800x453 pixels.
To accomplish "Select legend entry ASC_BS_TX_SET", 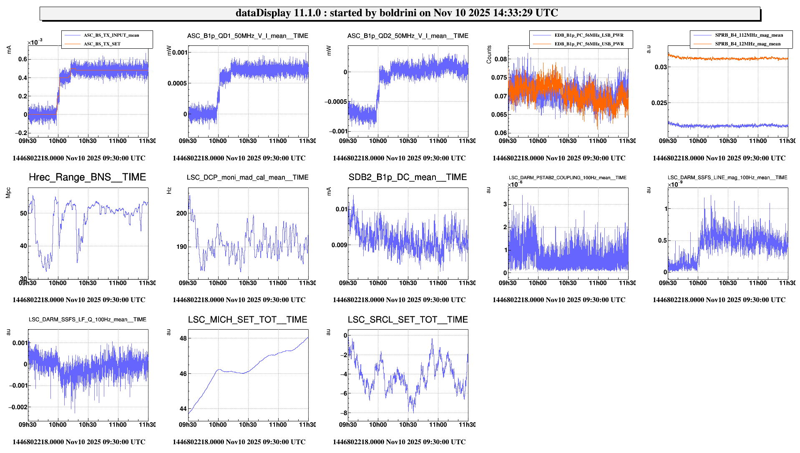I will (x=102, y=44).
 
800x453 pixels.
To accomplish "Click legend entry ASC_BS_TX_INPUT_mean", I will (x=111, y=35).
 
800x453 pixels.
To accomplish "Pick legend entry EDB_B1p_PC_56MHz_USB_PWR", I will (x=589, y=44).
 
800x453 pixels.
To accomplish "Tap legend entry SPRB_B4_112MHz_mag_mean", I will (x=749, y=35).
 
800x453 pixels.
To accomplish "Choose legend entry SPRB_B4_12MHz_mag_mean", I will (x=747, y=44).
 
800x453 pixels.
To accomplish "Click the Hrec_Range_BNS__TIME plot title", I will (x=87, y=177).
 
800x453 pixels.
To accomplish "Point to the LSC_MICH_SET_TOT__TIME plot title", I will (x=247, y=320).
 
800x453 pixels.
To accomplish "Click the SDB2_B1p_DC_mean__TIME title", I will (x=408, y=177).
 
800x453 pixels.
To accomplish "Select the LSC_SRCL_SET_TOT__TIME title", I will (x=408, y=320).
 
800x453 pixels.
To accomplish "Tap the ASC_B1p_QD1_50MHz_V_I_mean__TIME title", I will (x=247, y=36).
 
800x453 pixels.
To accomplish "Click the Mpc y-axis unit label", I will (x=8, y=193).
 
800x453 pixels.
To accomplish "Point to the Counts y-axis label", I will (x=489, y=55).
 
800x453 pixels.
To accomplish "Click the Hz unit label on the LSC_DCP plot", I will (x=169, y=190).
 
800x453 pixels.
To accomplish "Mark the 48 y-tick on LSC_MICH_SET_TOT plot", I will (x=183, y=338).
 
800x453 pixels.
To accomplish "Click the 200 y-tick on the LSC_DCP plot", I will (x=181, y=213).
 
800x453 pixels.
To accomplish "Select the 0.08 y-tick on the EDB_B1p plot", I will (x=501, y=59).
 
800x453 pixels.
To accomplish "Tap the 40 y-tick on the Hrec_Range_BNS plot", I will (x=23, y=246).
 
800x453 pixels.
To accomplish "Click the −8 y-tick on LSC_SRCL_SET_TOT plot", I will (x=345, y=413).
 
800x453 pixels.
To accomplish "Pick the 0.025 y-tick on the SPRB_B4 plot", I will (x=659, y=103).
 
